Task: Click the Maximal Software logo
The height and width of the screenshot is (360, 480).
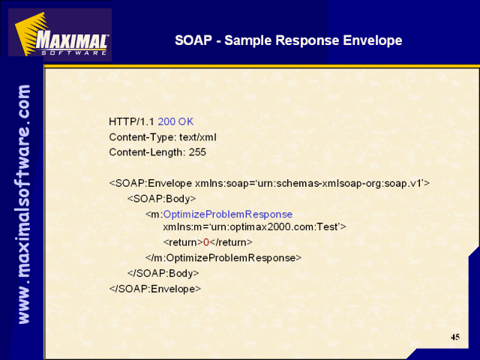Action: [x=60, y=34]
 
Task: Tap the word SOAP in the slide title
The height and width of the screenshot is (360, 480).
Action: [x=193, y=40]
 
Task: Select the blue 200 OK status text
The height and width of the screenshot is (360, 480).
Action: [x=175, y=121]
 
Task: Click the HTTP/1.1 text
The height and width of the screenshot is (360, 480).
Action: [x=131, y=121]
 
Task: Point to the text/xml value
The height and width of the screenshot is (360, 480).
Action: [x=198, y=137]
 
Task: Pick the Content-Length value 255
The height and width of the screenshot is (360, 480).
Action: [x=197, y=152]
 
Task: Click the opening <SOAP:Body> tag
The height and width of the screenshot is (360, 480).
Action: [x=162, y=199]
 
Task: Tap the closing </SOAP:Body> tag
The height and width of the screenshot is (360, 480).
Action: [x=163, y=273]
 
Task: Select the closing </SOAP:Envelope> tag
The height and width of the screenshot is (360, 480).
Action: [x=155, y=289]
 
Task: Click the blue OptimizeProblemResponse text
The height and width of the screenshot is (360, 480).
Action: [x=228, y=214]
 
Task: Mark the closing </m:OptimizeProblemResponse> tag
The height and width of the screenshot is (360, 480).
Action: [x=223, y=258]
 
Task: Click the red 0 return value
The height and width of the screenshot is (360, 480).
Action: [x=206, y=242]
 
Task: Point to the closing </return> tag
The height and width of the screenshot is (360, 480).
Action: [x=231, y=242]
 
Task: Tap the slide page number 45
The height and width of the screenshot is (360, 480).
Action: [x=455, y=337]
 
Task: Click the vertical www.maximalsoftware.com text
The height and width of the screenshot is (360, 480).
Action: [x=24, y=204]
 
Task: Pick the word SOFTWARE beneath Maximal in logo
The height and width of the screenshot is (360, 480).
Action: [x=73, y=52]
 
